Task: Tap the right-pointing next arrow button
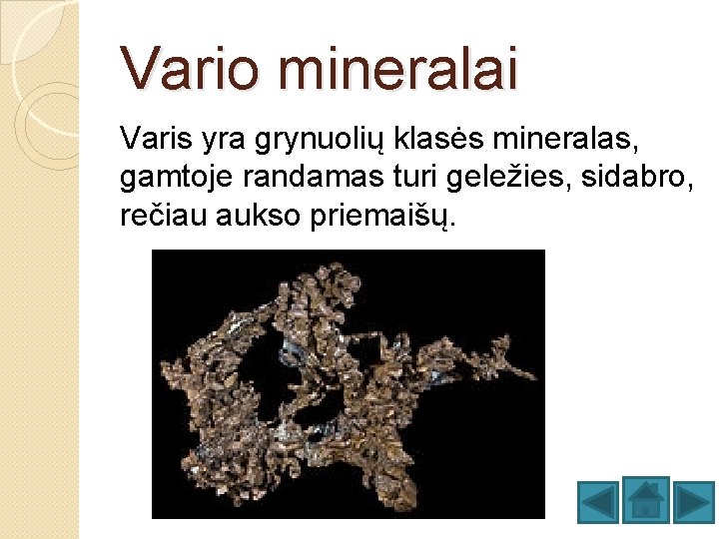[692, 501]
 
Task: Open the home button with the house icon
[645, 499]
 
